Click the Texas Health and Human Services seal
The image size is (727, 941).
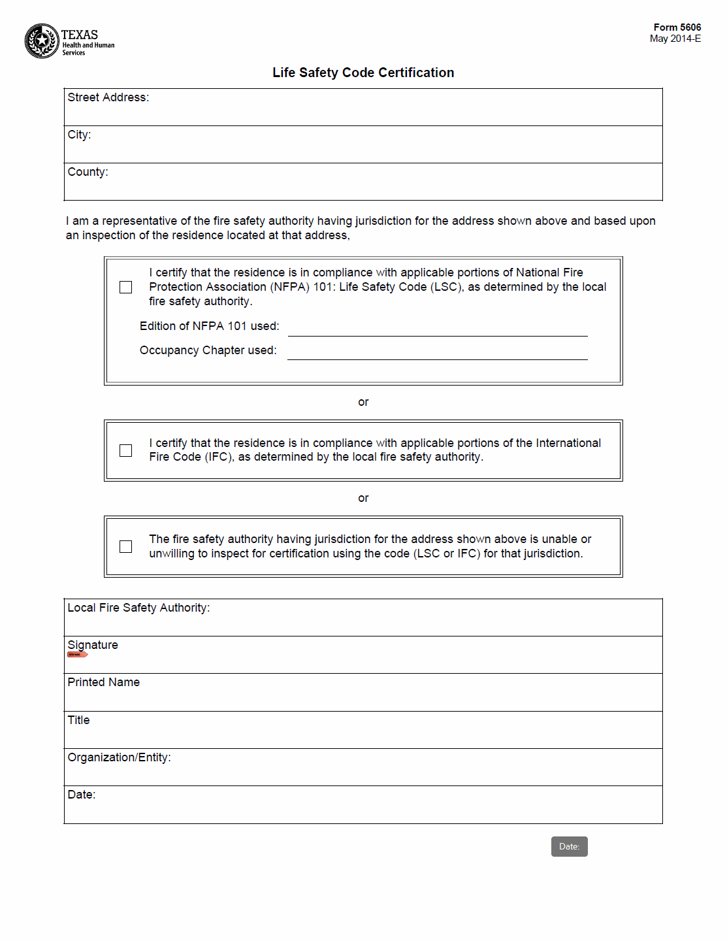(42, 41)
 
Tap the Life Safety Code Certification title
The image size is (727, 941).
(363, 73)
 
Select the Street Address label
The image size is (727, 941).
(108, 97)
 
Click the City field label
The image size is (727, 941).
(79, 135)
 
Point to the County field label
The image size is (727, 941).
(88, 172)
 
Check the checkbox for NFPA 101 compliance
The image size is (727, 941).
(126, 288)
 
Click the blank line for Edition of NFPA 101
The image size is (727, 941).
(438, 329)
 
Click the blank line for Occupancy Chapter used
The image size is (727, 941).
(438, 352)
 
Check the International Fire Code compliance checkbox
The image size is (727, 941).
(126, 451)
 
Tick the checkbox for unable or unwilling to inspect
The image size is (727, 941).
(126, 547)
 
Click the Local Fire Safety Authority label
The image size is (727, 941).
(138, 608)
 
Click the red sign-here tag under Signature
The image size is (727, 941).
(77, 654)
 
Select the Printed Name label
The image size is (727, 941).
(103, 682)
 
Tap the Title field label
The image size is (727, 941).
(78, 720)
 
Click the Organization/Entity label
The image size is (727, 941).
(119, 757)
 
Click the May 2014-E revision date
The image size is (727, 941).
(675, 39)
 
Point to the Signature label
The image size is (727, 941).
(93, 645)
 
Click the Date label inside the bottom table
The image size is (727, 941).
(81, 795)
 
